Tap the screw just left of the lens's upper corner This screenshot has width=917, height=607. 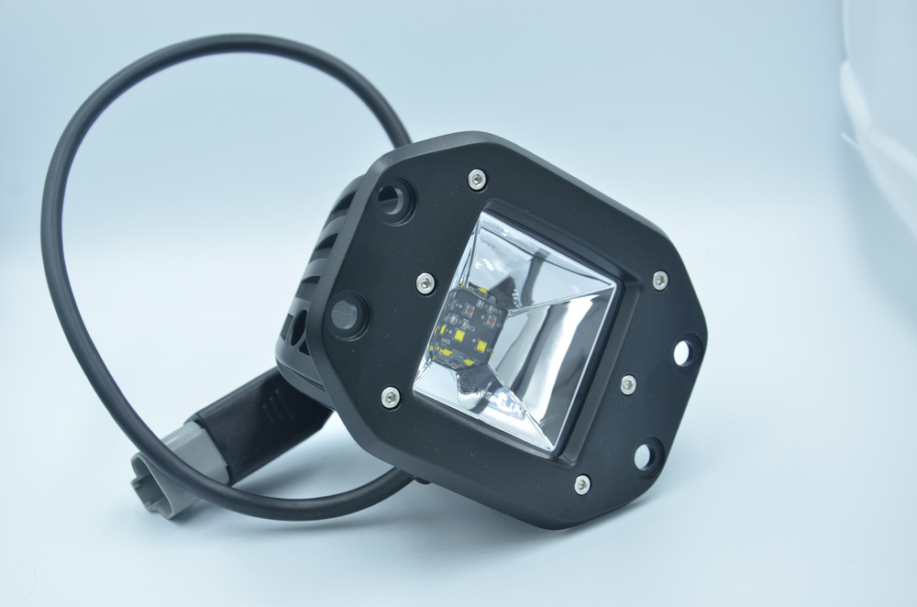425,283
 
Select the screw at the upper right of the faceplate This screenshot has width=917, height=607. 659,280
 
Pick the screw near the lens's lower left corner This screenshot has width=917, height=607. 391,397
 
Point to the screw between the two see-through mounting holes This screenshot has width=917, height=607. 628,384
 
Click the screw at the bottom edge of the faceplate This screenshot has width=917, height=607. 581,484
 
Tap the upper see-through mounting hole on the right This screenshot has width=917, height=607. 685,351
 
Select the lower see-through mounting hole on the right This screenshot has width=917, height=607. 647,453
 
